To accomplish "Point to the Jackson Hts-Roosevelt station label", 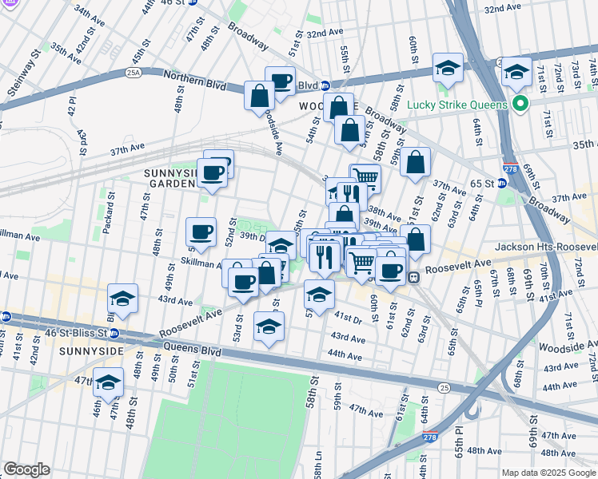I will tap(546, 248).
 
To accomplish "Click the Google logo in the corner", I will tap(26, 469).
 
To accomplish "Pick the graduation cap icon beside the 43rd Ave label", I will tap(122, 299).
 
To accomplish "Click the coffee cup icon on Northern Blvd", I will tap(280, 81).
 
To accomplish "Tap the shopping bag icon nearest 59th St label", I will tap(415, 163).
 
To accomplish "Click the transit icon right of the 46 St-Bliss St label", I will tap(114, 334).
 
